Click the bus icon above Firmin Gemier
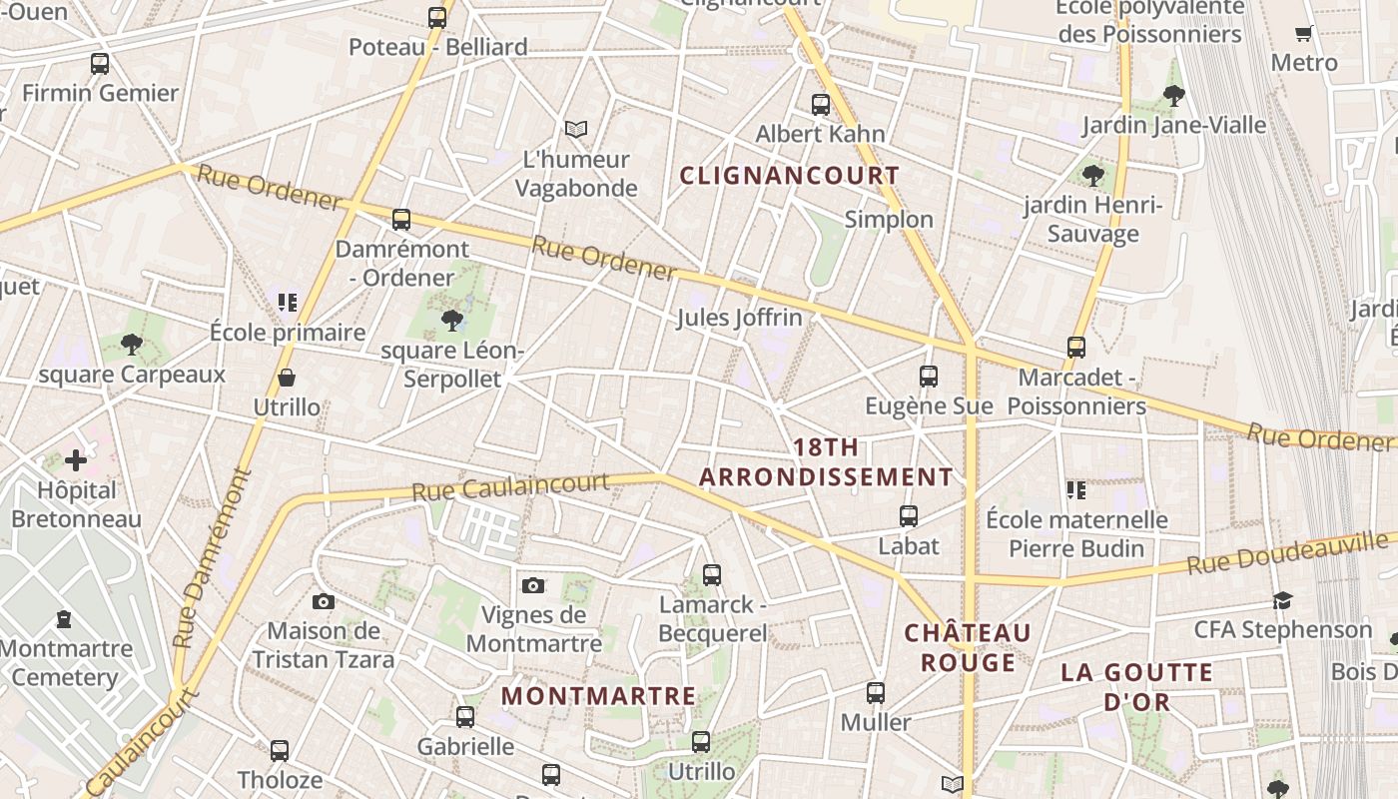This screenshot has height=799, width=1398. click(100, 64)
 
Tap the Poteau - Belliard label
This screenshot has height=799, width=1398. click(438, 47)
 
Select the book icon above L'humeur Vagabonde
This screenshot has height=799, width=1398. click(576, 129)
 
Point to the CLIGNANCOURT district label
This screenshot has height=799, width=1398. click(790, 176)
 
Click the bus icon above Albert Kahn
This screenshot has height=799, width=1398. click(821, 104)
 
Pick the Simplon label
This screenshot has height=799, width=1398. click(889, 220)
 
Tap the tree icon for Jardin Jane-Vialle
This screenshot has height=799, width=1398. click(1174, 96)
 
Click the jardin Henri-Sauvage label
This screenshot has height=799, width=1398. click(1093, 220)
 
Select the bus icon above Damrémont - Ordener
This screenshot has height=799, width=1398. click(401, 220)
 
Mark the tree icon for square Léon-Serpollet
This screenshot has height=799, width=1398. click(452, 321)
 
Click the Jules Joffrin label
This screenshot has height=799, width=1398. click(740, 318)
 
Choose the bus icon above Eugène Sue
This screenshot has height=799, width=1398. click(929, 377)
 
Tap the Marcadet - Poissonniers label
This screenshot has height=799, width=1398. click(1076, 392)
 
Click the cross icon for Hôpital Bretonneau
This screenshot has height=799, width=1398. click(76, 460)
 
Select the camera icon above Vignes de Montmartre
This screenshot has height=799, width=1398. click(533, 585)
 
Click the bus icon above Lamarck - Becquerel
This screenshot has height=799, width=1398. click(712, 575)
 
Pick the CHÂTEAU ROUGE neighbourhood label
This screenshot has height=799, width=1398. click(968, 647)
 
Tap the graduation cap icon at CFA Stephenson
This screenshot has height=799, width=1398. click(1283, 600)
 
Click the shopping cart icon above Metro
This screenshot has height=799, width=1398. click(1304, 34)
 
